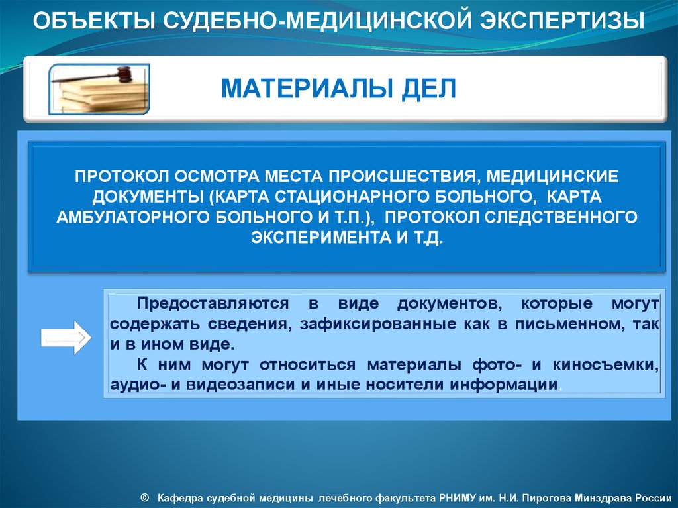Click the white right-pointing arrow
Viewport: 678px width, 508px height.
pos(66,338)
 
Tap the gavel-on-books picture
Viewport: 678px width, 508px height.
pos(99,89)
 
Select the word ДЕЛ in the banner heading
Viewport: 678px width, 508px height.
pos(428,89)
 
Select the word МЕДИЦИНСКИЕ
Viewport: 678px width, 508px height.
pos(552,176)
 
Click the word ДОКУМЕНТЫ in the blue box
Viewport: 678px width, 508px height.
pos(148,197)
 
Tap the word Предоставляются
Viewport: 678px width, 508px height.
pos(213,304)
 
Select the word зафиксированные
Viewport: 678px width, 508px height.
pos(378,324)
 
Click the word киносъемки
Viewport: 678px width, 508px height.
pos(605,365)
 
